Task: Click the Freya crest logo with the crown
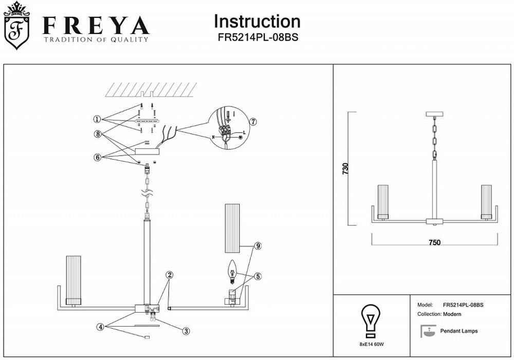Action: [x=17, y=26]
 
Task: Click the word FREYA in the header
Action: [x=96, y=26]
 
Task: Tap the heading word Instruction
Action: [x=257, y=22]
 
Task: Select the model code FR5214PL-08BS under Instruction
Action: [x=257, y=37]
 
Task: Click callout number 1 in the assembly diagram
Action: [x=97, y=119]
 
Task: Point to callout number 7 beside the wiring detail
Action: [x=253, y=122]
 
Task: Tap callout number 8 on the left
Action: [x=97, y=134]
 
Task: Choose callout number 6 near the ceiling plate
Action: [x=97, y=158]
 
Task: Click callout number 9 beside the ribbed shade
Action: [x=258, y=246]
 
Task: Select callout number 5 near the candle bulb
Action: [x=258, y=276]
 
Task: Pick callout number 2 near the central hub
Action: [x=170, y=274]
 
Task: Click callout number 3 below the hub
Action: [x=187, y=331]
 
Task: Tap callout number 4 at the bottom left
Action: [x=101, y=327]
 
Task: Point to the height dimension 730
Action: [x=345, y=169]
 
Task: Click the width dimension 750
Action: [x=435, y=242]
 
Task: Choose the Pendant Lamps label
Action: [x=459, y=331]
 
